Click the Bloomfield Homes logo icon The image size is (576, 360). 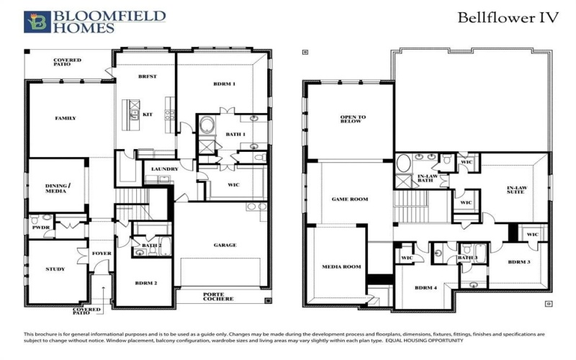coord(37,22)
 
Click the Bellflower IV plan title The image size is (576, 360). coord(508,17)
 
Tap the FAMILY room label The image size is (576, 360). coord(66,118)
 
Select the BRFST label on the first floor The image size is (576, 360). coord(147,76)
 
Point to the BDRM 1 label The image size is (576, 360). coord(224,84)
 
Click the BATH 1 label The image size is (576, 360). coord(235,135)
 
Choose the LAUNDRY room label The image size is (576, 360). coord(165,170)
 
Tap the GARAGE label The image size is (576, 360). coord(224,245)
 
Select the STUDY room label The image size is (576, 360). coord(55,269)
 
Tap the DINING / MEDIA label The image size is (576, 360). coord(57,189)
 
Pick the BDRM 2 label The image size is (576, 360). coord(145,283)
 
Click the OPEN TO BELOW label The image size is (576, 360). coord(353,120)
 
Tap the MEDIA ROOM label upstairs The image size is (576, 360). coord(341,266)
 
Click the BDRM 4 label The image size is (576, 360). coord(426,288)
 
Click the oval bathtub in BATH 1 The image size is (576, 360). coord(207,127)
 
